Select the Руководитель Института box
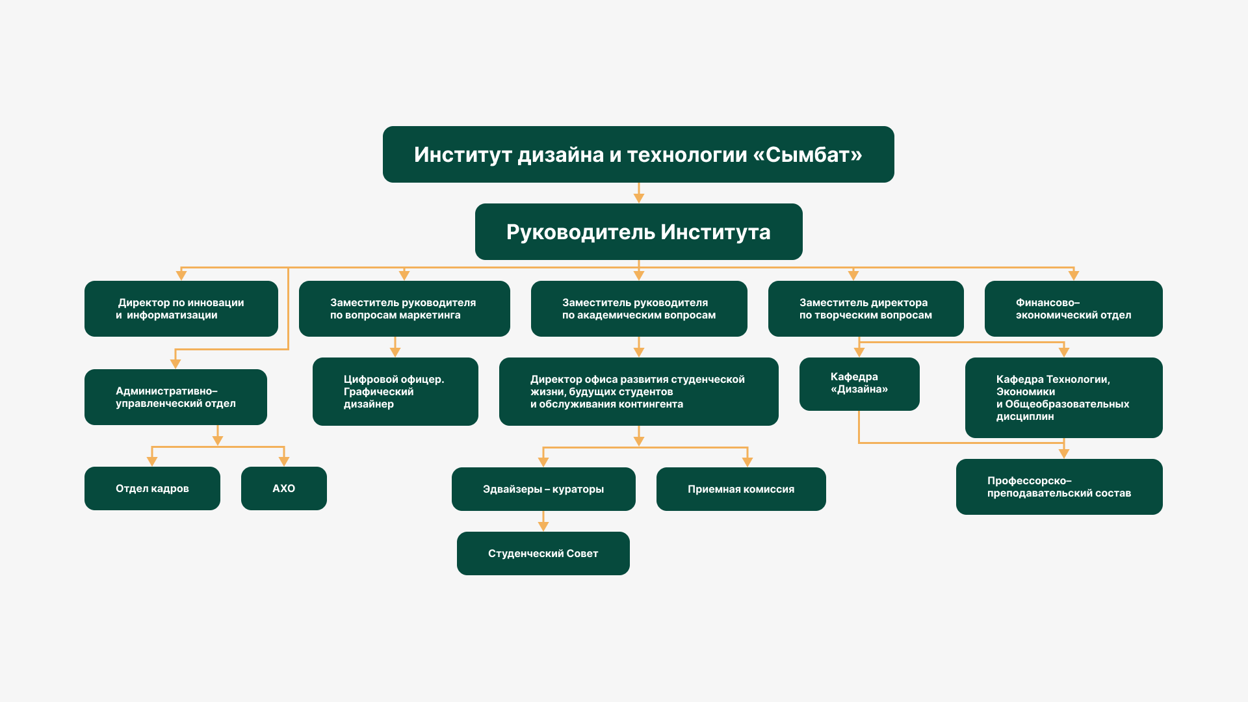pyautogui.click(x=638, y=232)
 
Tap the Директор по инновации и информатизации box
pyautogui.click(x=181, y=309)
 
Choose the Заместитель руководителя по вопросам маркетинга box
pyautogui.click(x=404, y=309)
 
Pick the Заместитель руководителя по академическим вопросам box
pyautogui.click(x=638, y=309)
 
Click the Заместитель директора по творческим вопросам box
pyautogui.click(x=865, y=309)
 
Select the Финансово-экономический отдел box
pyautogui.click(x=1073, y=309)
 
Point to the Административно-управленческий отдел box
pyautogui.click(x=175, y=397)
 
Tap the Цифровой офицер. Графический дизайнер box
pyautogui.click(x=395, y=391)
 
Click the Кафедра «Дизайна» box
pyautogui.click(x=859, y=383)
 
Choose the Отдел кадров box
pyautogui.click(x=152, y=488)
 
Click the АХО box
pyautogui.click(x=283, y=488)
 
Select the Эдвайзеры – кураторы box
pyautogui.click(x=543, y=489)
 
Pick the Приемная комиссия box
pyautogui.click(x=740, y=489)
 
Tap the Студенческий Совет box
pyautogui.click(x=543, y=553)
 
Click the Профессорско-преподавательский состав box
pyautogui.click(x=1059, y=487)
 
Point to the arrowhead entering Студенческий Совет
pyautogui.click(x=543, y=526)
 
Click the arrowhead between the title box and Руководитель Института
pyautogui.click(x=639, y=198)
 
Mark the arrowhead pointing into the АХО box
pyautogui.click(x=284, y=461)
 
